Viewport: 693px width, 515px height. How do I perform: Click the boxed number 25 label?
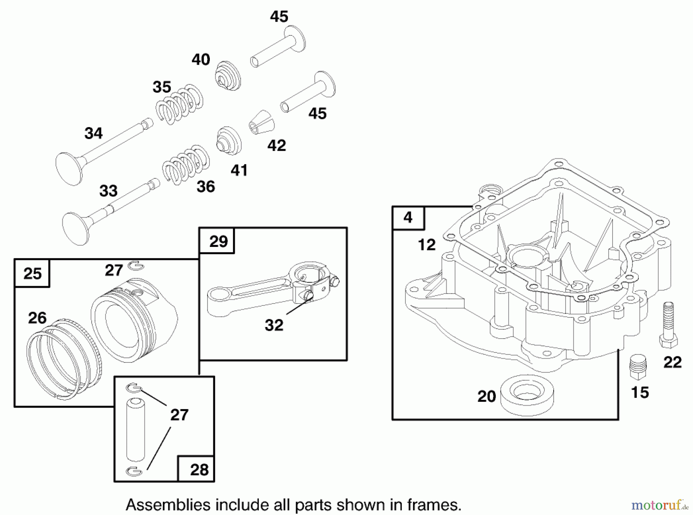pos(32,273)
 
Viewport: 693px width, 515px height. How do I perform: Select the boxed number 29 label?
pos(218,242)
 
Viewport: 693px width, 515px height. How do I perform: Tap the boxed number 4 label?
pos(408,218)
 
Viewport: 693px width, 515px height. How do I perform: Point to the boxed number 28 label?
pos(199,470)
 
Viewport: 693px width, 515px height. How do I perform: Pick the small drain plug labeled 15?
pos(638,367)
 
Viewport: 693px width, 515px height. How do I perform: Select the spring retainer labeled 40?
pos(228,76)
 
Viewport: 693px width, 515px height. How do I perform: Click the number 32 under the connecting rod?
pos(274,325)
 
